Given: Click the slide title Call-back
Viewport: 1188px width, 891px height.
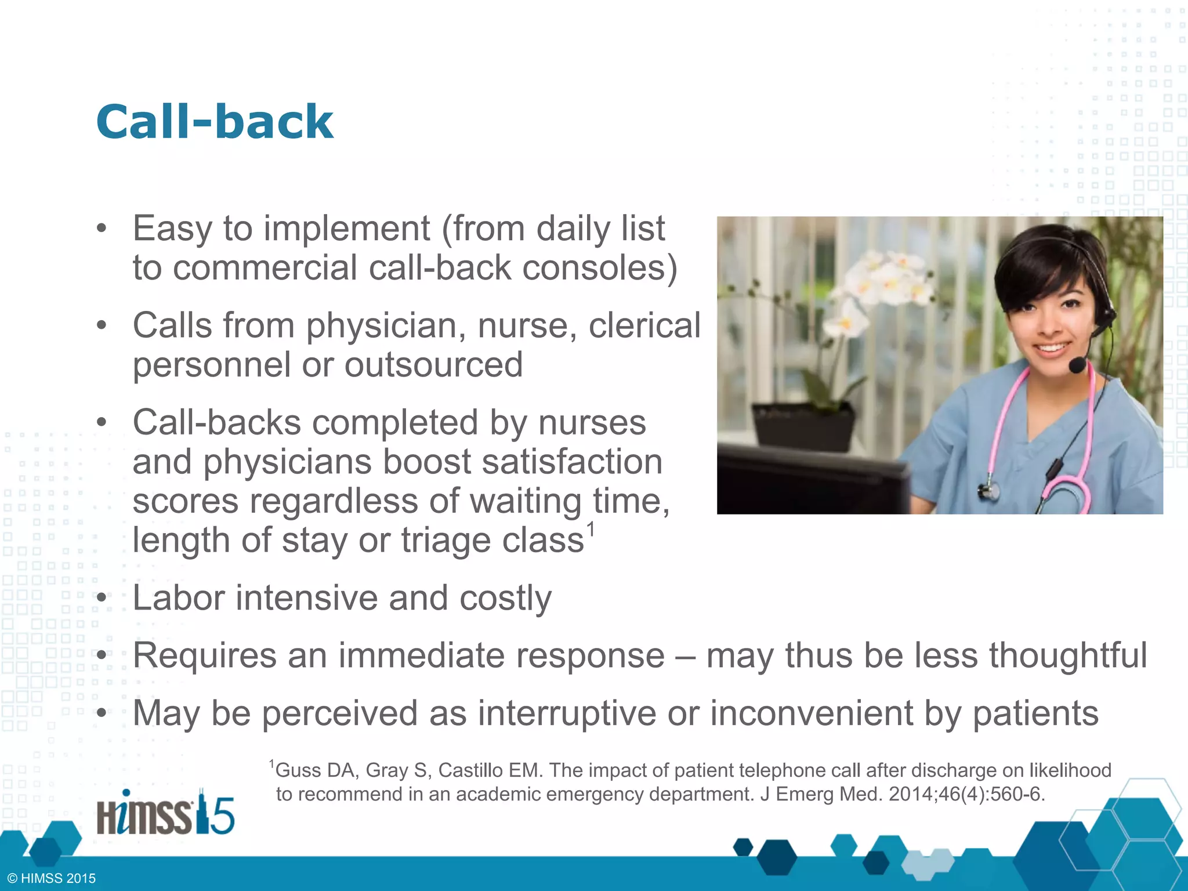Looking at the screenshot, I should pos(215,122).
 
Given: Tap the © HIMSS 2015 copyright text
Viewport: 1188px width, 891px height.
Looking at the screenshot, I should pos(52,878).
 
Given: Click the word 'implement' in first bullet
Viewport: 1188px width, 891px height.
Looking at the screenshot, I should pos(347,229).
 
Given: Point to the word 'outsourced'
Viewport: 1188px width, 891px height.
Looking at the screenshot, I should pos(434,365).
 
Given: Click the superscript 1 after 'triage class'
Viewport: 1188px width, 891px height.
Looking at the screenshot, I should pos(591,529).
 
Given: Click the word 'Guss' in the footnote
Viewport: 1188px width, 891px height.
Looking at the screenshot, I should pos(298,770).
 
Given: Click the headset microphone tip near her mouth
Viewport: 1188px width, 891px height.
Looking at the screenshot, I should pos(1077,365).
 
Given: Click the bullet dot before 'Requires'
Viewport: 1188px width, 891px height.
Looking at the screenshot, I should pos(102,656).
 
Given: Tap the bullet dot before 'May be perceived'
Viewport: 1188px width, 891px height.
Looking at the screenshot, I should pos(102,713).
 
